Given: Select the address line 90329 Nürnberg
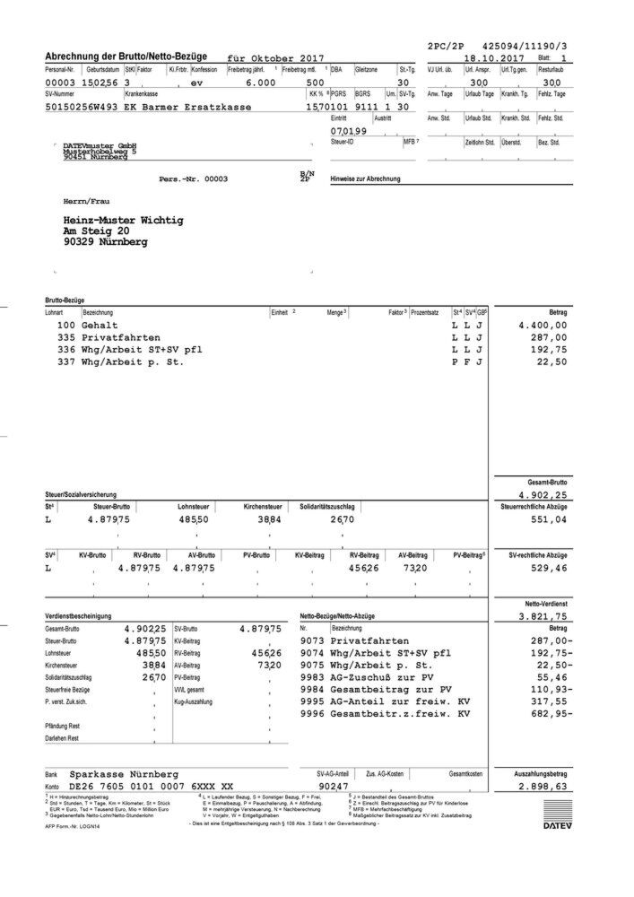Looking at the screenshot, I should pyautogui.click(x=104, y=242).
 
